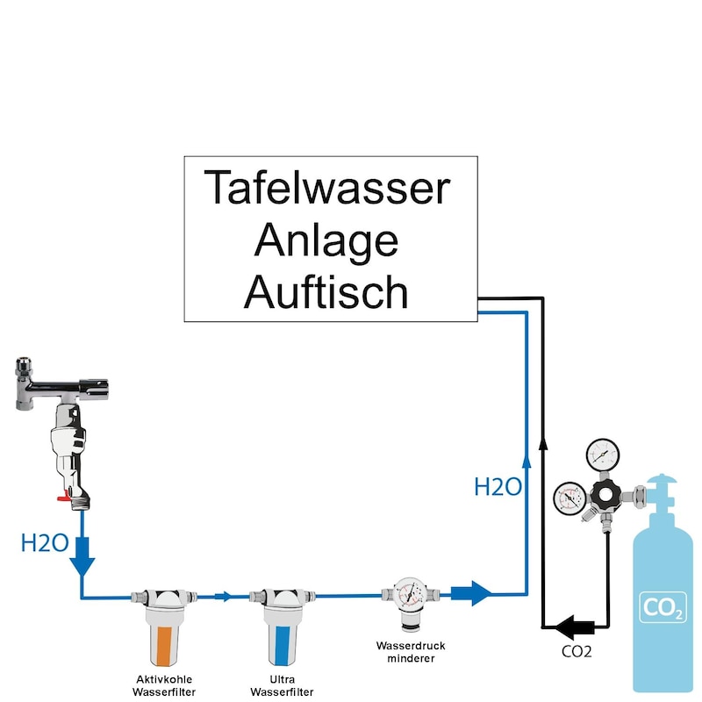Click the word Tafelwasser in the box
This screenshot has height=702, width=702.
coord(326,187)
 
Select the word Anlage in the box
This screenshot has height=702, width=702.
coord(326,240)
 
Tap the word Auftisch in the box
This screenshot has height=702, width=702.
coord(326,292)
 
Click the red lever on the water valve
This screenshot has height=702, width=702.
coord(64,498)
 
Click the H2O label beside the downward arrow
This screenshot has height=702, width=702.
coord(44,543)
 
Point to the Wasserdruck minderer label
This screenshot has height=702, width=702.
coord(405,651)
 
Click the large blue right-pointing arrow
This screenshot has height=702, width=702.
coord(470,593)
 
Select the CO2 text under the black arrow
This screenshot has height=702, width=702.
coord(576,652)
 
